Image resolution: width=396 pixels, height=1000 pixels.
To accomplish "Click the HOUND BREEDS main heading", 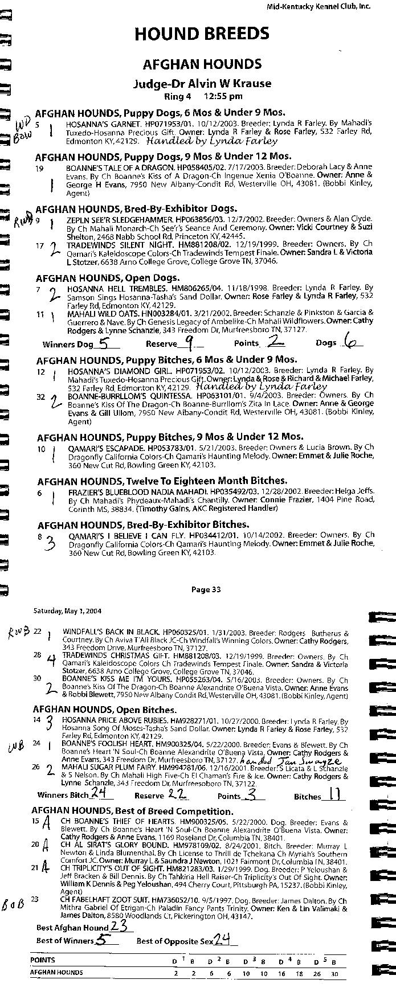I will coord(202,35).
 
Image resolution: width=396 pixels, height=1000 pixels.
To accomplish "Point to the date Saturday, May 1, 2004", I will coord(67,611).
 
